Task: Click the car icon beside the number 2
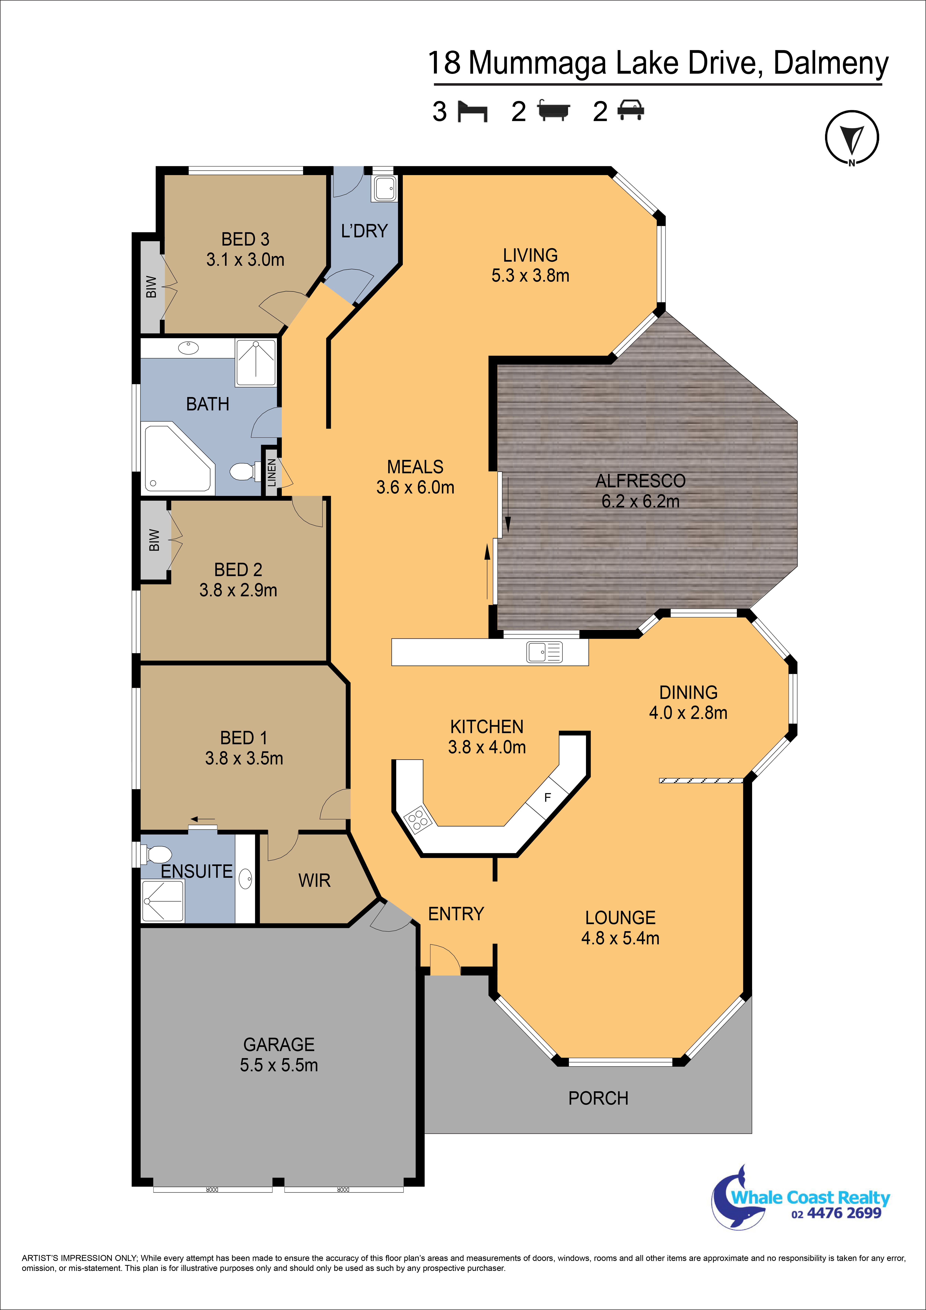630,110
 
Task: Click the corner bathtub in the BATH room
177,458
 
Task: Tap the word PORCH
598,1098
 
